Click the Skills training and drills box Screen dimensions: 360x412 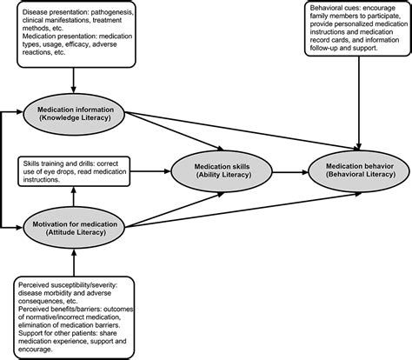75,170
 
